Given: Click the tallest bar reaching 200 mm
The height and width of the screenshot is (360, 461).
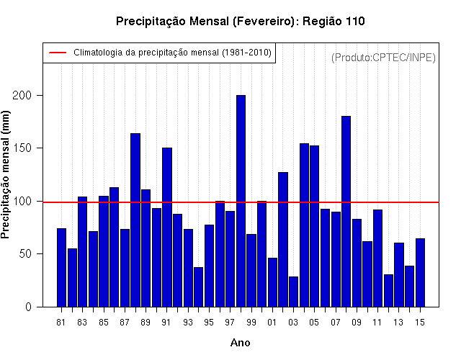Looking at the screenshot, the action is (x=241, y=201).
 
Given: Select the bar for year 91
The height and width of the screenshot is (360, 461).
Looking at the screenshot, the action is (x=167, y=228).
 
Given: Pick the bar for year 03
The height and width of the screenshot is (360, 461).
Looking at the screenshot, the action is (x=293, y=292).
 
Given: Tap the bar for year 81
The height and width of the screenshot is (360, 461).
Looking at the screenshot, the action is (x=61, y=267).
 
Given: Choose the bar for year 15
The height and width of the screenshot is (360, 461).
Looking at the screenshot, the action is (x=420, y=273).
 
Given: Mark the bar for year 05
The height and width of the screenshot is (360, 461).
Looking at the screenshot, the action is (x=314, y=226).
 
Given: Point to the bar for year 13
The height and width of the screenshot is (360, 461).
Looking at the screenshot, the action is (x=399, y=275).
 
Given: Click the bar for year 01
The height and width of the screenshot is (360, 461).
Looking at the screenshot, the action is (x=272, y=282).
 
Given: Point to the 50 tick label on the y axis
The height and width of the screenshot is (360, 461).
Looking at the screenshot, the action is (x=25, y=253).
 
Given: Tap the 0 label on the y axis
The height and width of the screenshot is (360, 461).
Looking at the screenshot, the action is (x=28, y=307).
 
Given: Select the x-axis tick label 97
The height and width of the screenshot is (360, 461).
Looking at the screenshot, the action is (x=230, y=323).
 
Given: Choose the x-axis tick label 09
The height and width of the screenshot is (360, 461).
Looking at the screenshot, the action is (x=357, y=323).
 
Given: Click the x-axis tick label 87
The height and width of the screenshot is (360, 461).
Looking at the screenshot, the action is (x=125, y=323).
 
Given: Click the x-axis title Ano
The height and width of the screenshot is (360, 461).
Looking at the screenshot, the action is (x=240, y=343).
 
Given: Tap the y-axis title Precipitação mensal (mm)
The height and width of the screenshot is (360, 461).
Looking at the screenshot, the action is (x=5, y=175).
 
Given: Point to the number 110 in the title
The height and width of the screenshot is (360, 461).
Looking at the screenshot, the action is (x=355, y=21).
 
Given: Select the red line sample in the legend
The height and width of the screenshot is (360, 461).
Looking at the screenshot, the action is (x=58, y=53).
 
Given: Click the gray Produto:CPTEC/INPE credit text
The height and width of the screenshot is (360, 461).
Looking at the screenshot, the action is (x=383, y=58).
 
